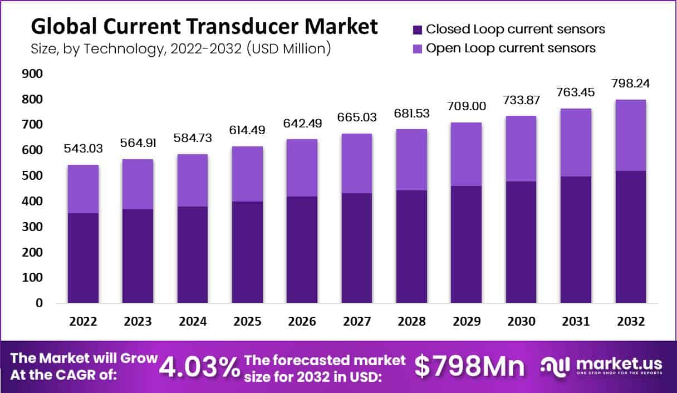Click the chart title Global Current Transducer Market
pos(204,26)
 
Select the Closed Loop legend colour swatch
pos(416,30)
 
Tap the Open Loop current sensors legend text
pos(511,48)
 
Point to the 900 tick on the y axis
pos(33,73)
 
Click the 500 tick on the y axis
pos(33,176)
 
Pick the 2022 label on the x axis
pos(83,322)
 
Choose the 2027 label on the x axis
pos(357,322)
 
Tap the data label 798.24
pos(631,83)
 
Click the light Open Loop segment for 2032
pos(631,135)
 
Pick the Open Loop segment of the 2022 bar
pos(83,189)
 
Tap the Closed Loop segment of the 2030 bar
pos(521,242)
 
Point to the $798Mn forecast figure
pos(469,367)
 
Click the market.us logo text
pos(619,363)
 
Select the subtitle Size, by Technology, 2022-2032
pos(180,48)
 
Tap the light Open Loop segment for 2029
pos(467,154)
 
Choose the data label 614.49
pos(247,130)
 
